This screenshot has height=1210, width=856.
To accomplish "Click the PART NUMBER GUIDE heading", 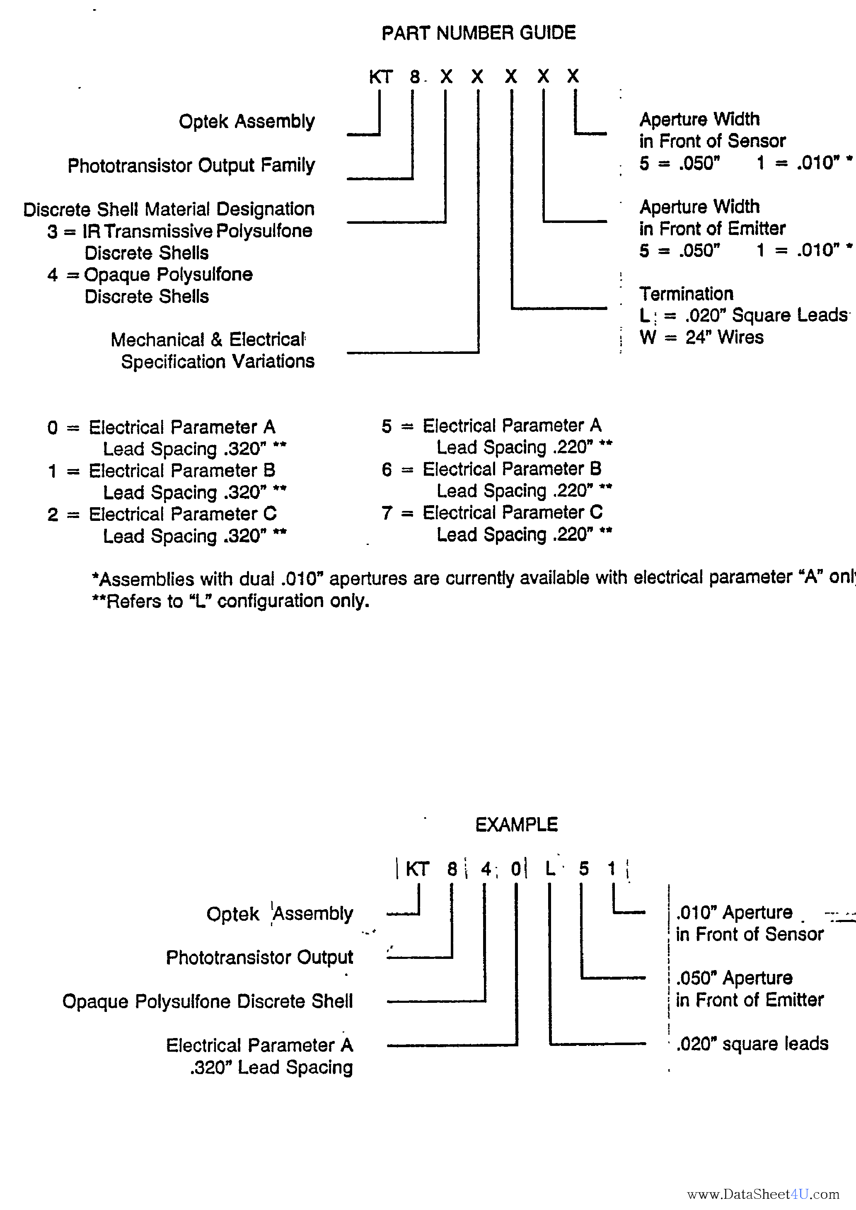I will [478, 33].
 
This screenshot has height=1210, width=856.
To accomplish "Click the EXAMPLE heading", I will [516, 825].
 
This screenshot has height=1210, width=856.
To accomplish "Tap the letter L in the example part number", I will [550, 868].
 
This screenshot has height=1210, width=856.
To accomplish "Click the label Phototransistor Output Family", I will [191, 165].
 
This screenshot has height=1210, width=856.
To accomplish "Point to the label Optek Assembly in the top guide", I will [246, 121].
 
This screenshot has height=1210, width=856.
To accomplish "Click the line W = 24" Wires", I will [701, 337].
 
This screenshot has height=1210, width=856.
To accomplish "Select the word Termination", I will [686, 293].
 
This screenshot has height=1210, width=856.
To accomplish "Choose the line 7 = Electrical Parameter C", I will [492, 513].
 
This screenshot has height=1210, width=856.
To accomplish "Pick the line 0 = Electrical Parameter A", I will [161, 427].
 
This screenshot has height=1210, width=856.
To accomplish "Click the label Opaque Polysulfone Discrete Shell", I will [207, 1001].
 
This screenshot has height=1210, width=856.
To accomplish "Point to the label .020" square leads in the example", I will [752, 1043].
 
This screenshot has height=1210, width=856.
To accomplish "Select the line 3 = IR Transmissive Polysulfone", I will [180, 231].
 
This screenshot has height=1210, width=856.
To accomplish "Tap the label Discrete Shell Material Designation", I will [169, 209].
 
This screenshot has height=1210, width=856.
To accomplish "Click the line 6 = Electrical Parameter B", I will [492, 469].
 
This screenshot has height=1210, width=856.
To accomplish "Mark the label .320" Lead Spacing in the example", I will [271, 1067].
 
